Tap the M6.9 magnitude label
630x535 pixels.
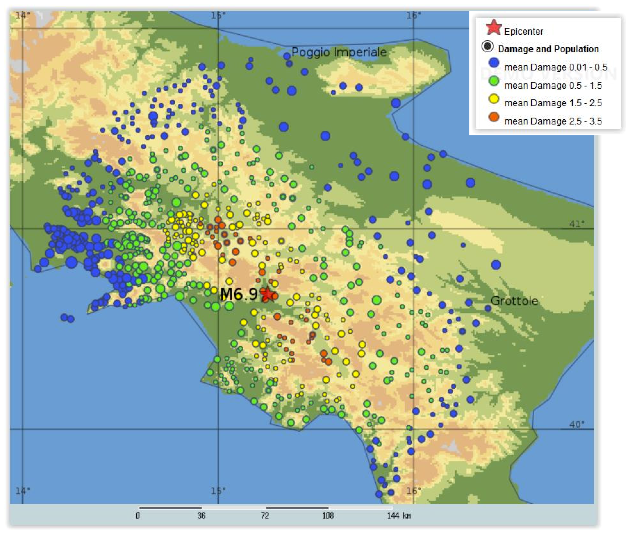click(x=239, y=294)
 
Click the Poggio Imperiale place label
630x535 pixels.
click(x=339, y=52)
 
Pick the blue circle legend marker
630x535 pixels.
click(x=494, y=63)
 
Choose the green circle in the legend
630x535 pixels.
click(x=494, y=81)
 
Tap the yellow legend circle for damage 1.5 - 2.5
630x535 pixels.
click(x=494, y=99)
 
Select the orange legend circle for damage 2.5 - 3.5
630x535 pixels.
click(x=494, y=117)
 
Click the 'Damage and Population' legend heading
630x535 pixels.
click(x=548, y=49)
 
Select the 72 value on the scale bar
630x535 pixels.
click(x=265, y=515)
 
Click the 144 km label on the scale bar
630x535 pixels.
click(x=399, y=515)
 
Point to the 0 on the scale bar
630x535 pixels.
click(x=138, y=515)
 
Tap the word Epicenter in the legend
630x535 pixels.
click(x=523, y=31)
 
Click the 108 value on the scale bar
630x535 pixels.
click(x=328, y=515)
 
